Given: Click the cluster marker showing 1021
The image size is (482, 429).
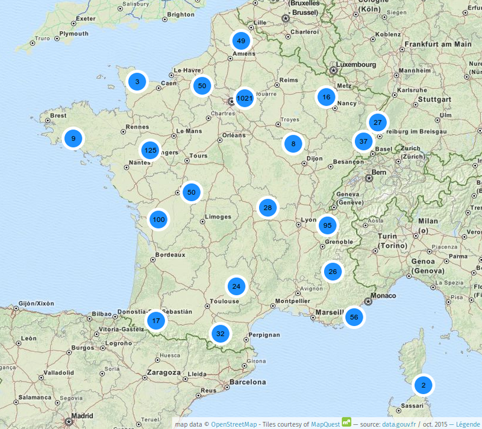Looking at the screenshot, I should coord(245,98).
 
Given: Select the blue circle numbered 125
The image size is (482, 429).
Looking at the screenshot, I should coord(150,151).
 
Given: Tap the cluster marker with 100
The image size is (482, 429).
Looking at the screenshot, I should coord(158,220).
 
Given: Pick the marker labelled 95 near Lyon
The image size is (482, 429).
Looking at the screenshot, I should coord(328,226).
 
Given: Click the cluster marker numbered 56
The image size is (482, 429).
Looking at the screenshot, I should coord(354,317).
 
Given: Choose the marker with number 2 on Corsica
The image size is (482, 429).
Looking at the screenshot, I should coord(423,385).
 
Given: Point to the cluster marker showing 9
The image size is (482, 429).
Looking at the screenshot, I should coord(74,139).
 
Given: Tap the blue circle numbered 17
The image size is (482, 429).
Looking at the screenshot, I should coord(156,321).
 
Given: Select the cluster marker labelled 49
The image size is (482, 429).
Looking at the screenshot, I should coord(241,41).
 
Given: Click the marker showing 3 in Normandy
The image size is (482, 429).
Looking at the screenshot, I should coord(137,81).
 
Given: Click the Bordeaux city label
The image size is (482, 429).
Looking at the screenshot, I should coord(170,254).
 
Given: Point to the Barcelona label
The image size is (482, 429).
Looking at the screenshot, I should coord(245,382).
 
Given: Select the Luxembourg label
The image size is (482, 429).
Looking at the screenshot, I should coord(356,64).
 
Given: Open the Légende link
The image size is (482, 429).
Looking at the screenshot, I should coord(468,424).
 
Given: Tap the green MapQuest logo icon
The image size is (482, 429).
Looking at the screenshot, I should coord(346,422).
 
